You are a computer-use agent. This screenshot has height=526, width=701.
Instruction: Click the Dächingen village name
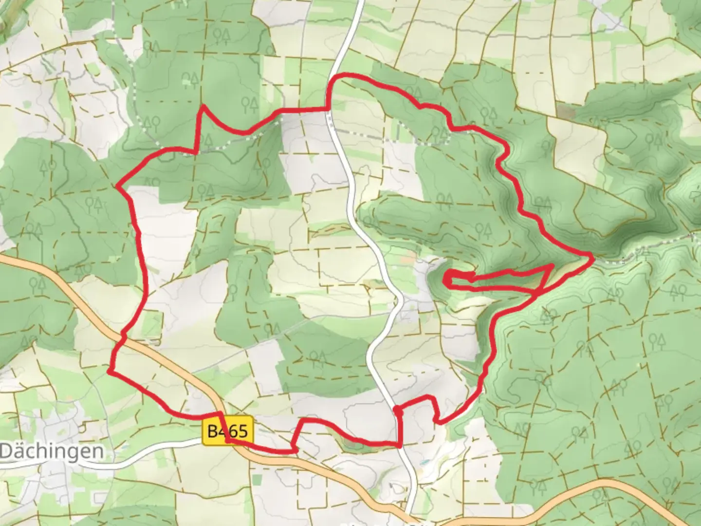pos(52,451)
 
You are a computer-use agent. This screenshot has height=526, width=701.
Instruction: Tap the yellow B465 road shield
pos(228,431)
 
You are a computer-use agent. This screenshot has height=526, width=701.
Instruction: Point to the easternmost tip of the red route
pos(591,256)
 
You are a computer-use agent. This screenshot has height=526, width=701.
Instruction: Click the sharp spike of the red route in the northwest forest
pos(203,106)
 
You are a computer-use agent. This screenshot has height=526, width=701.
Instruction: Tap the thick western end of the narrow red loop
pos(447,279)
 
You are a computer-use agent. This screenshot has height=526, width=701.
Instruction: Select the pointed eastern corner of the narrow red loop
pos(553,266)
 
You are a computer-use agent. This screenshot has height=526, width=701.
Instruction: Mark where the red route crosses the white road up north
pos(329,108)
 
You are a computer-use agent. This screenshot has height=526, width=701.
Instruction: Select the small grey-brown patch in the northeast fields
pos(566,110)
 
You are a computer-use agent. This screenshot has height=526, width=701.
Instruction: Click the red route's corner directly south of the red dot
pos(399,445)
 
